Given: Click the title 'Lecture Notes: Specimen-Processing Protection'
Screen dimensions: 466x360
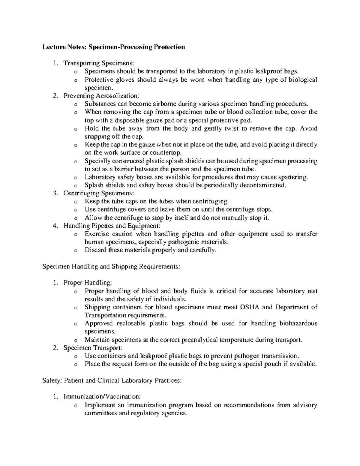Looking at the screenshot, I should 114,47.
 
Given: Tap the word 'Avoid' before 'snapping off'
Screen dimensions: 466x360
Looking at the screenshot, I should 309,128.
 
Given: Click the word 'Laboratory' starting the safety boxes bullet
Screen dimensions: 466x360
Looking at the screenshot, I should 99,177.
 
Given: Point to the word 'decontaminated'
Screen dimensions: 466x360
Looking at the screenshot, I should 265,185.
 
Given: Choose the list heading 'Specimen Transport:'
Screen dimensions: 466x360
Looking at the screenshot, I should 93,348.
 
